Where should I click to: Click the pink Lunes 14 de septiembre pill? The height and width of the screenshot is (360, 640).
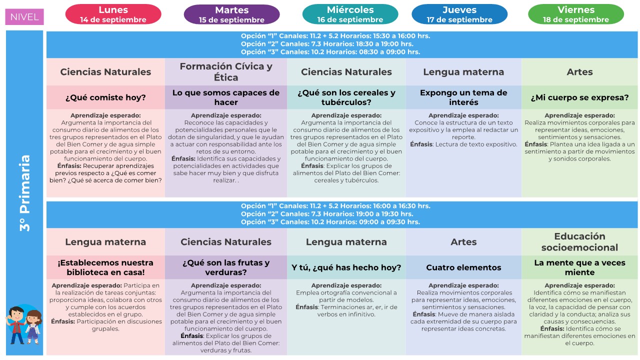pos(113,14)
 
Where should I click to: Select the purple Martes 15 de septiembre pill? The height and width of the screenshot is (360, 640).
pos(231,14)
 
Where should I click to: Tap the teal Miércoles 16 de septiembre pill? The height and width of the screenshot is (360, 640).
pos(350,14)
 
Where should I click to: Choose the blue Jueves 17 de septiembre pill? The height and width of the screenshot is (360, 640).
pos(459,14)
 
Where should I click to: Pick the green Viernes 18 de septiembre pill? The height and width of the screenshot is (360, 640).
pos(575,14)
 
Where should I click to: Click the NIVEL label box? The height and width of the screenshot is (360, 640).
pos(24,17)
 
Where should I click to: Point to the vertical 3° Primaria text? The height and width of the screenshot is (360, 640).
pos(25,192)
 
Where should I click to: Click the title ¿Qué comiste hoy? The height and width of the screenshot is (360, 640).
pos(105,97)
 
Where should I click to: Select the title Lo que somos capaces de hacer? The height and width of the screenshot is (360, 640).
pos(226,97)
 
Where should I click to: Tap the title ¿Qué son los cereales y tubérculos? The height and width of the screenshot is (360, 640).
pos(346,97)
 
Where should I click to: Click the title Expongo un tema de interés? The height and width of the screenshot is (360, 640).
pos(463,97)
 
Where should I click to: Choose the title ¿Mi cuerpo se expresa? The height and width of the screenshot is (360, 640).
pos(580,97)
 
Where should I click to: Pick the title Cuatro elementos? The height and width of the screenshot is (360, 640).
pos(463,267)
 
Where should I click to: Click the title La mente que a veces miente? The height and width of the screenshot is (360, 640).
pos(580,267)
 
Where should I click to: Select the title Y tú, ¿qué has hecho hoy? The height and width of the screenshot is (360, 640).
pos(346,267)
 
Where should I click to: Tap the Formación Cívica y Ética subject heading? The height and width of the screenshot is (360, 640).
pos(226,72)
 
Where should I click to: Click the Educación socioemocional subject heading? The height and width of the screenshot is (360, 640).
pos(580,241)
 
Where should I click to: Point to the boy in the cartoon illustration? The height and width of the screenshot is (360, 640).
pos(16,324)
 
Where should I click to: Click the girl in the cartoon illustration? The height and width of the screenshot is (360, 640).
pos(33,327)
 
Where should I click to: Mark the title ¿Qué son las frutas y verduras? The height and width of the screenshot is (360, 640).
pos(226,267)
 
